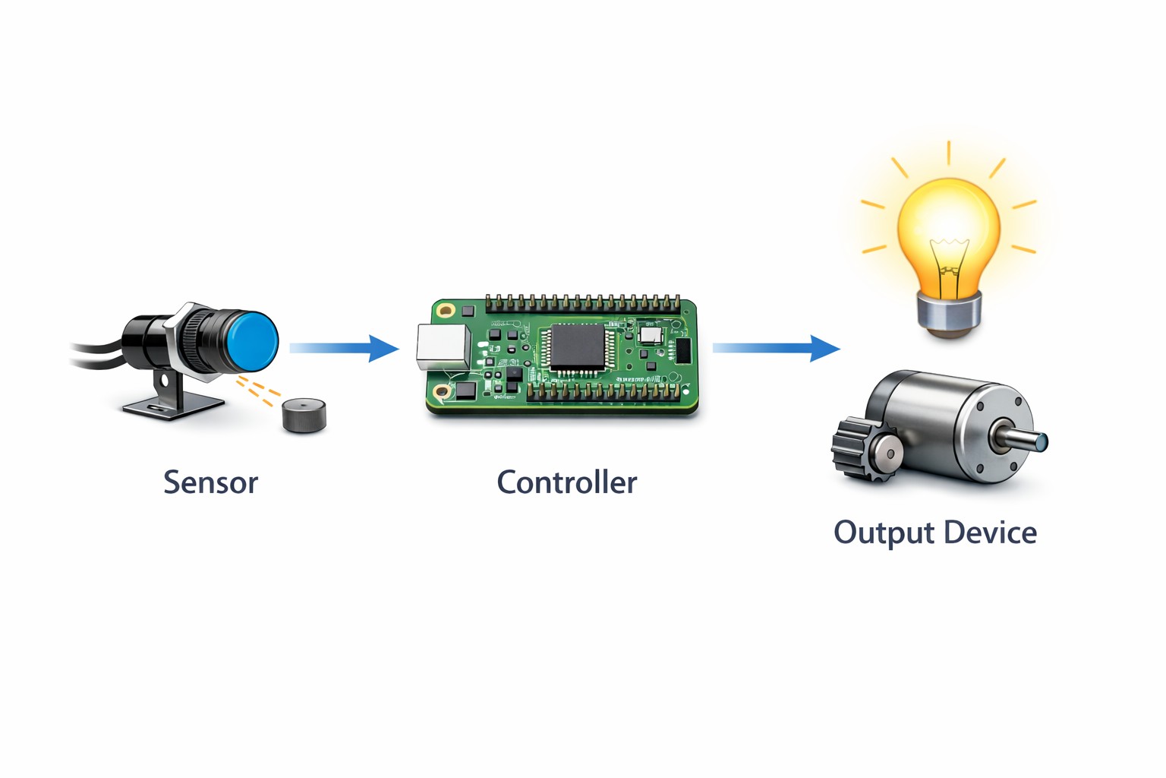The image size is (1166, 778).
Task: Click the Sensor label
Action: [x=210, y=482]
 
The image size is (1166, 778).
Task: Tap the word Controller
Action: [x=566, y=482]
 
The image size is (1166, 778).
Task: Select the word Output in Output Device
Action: [x=884, y=533]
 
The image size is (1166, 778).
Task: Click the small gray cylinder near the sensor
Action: [x=304, y=416]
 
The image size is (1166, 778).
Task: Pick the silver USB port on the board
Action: [x=443, y=347]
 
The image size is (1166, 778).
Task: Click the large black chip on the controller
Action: [x=577, y=347]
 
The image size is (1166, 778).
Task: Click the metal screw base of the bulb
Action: [x=949, y=312]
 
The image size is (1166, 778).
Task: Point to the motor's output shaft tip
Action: [x=1042, y=441]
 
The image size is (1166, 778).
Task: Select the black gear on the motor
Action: [x=855, y=449]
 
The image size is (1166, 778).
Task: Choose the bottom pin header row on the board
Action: [x=603, y=392]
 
